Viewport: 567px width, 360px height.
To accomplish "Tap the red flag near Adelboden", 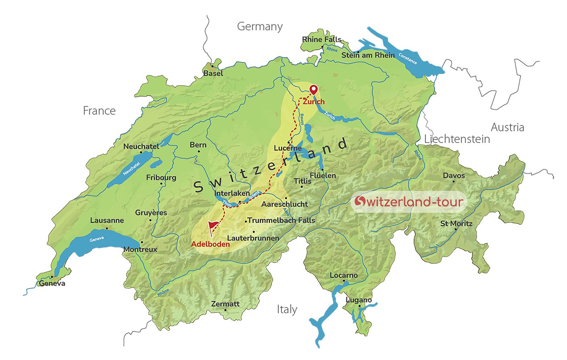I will [213, 227].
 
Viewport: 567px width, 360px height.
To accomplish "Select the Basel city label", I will [213, 73].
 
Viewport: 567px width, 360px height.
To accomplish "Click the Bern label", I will [198, 145].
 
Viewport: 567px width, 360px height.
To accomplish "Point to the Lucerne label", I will [288, 148].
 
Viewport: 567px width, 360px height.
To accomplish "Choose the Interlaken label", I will [232, 193].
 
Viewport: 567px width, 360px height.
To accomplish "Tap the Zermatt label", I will [225, 304].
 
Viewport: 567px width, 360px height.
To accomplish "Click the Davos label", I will [454, 176].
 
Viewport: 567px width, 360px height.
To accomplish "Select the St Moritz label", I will [456, 224].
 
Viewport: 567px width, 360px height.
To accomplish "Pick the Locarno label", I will [344, 276].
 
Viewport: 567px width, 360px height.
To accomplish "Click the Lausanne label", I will [107, 220].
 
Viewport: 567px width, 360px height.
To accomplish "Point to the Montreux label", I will [140, 249].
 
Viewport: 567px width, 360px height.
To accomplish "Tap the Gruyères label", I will [151, 213].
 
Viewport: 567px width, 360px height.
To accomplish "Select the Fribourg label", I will [161, 178].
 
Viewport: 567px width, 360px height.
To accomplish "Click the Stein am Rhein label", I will [368, 55].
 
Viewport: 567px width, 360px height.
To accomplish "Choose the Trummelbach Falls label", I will [281, 220].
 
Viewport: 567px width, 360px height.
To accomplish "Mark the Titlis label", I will [302, 181].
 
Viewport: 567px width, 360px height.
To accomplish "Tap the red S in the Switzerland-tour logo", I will [360, 201].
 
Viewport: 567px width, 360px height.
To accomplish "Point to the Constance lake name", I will [407, 59].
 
